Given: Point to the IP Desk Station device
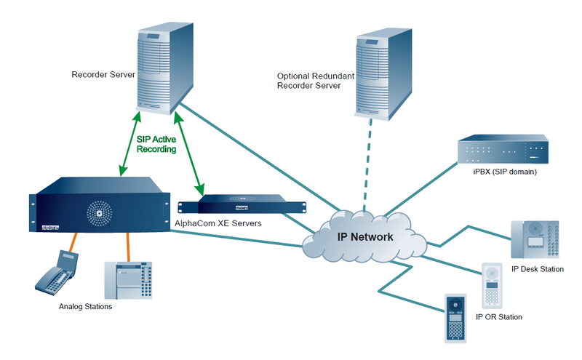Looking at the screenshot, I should pyautogui.click(x=537, y=240).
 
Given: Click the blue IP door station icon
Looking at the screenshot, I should pyautogui.click(x=455, y=319).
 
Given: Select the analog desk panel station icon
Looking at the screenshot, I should pyautogui.click(x=132, y=280).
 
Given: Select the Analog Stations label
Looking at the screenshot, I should pyautogui.click(x=85, y=307).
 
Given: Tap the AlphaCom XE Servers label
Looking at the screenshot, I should pyautogui.click(x=218, y=224).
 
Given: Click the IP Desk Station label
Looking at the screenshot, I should pyautogui.click(x=538, y=269).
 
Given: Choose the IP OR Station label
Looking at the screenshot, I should pyautogui.click(x=498, y=317).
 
